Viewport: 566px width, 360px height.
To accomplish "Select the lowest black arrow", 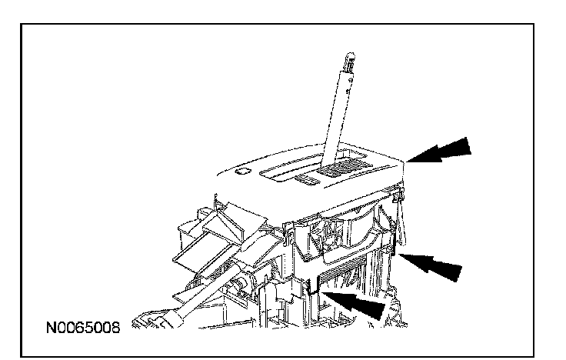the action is point(358,302).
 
